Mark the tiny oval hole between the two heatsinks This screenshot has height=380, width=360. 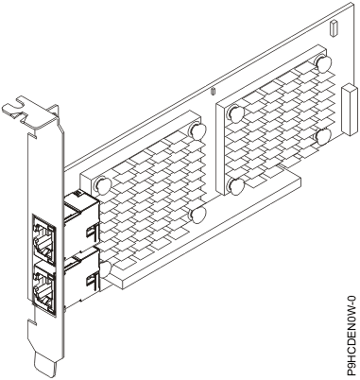pos(214,93)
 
